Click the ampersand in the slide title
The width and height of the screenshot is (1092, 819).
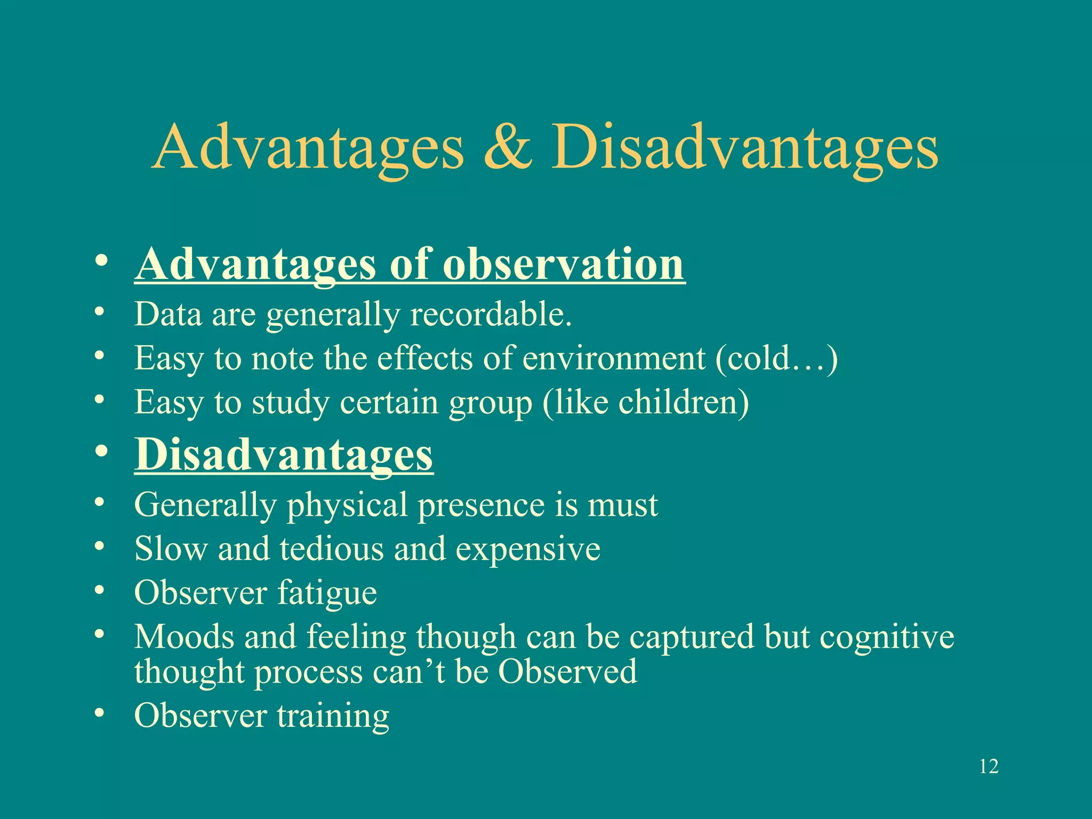pos(508,148)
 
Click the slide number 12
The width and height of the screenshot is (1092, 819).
pos(989,767)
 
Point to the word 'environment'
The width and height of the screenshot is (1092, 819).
pos(614,358)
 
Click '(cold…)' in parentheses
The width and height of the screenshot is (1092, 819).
pos(776,358)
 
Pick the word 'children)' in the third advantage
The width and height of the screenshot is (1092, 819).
pos(684,402)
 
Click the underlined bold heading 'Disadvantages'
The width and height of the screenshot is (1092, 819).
pos(284,454)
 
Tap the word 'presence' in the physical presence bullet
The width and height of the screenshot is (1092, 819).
pos(481,504)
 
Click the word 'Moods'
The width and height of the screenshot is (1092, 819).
pos(184,637)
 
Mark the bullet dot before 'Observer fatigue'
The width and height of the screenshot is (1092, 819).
pos(99,591)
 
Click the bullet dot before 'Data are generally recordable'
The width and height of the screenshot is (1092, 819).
pos(99,312)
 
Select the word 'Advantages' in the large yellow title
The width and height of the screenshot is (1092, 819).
pos(308,148)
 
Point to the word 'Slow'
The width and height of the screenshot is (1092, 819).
pos(171,549)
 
